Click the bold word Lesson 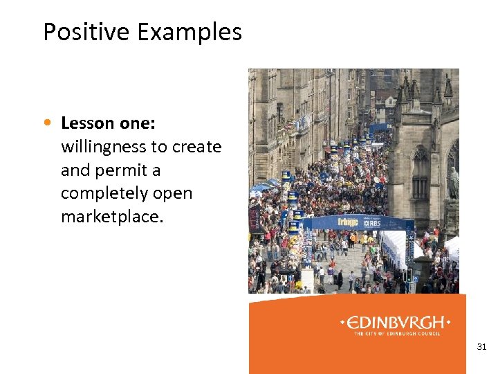coord(87,123)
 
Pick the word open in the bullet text coord(172,193)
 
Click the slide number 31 coord(481,346)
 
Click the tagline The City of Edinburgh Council coord(397,334)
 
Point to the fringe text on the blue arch coord(348,222)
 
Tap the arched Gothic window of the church coord(420,173)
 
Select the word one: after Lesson coord(136,123)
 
